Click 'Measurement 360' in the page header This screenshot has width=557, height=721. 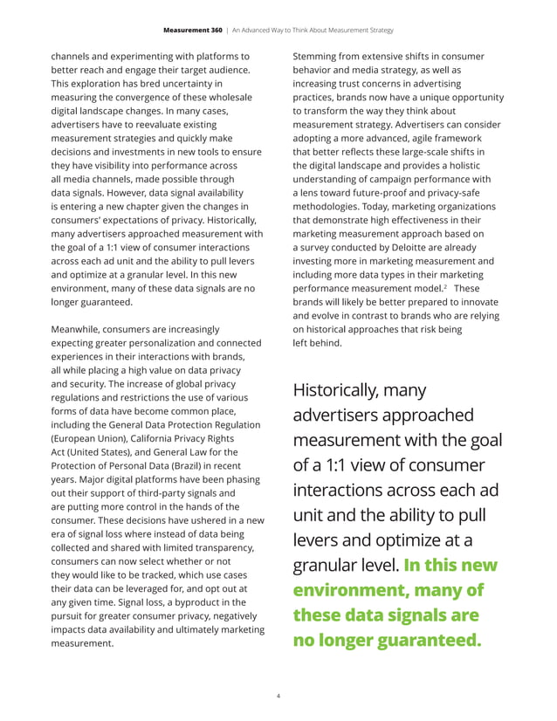click(192, 30)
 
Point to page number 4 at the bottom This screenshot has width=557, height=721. click(278, 697)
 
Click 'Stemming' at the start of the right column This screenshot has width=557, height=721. click(320, 57)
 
